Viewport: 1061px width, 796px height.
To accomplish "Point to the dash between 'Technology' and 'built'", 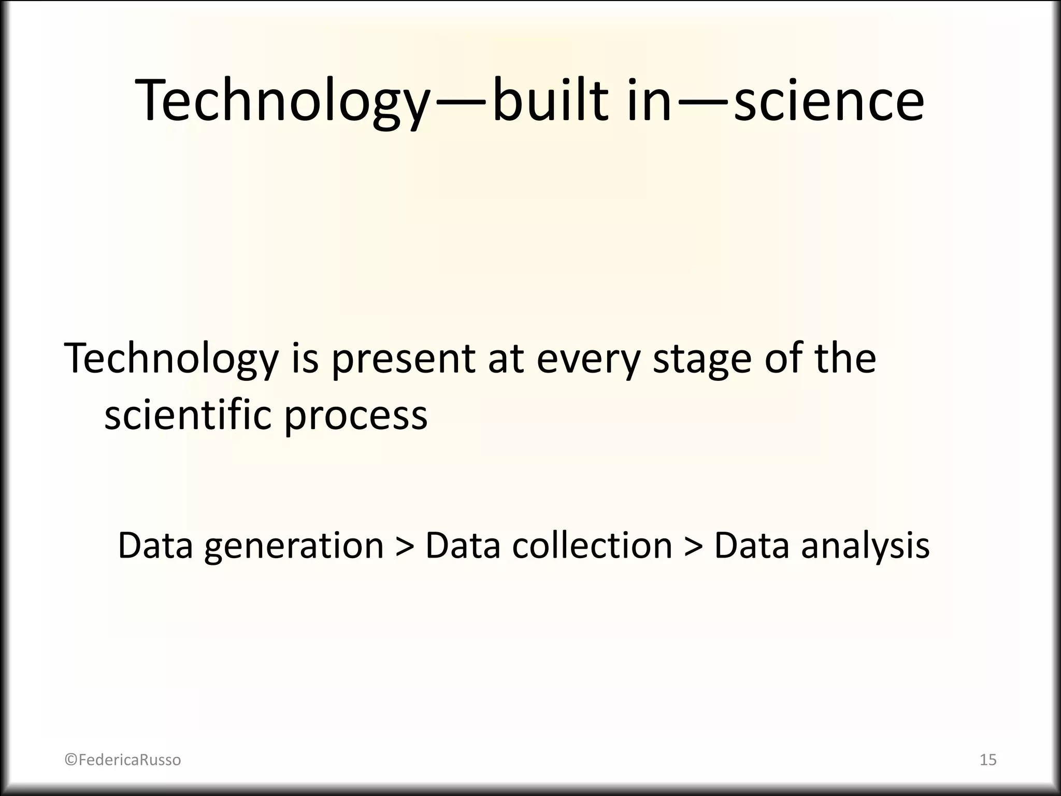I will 460,102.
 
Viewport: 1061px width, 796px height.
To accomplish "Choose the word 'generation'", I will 294,546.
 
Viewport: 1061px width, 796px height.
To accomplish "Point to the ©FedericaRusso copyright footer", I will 123,760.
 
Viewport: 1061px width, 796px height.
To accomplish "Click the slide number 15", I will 988,760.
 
